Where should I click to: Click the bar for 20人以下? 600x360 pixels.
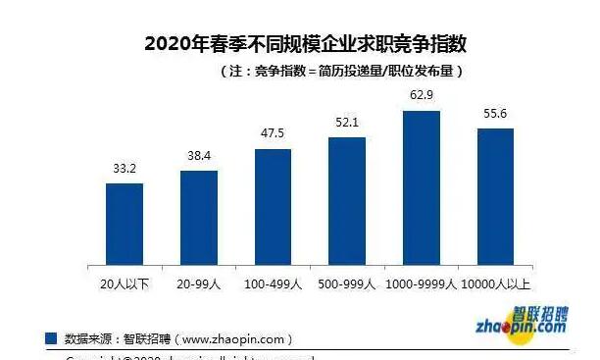pyautogui.click(x=125, y=223)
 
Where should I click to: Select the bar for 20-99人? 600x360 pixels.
pyautogui.click(x=199, y=217)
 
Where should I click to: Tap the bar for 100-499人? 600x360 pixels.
pyautogui.click(x=274, y=206)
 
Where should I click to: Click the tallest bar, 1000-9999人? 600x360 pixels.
pyautogui.click(x=422, y=186)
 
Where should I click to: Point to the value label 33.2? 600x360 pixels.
pyautogui.click(x=125, y=170)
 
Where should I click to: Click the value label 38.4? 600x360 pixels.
pyautogui.click(x=199, y=157)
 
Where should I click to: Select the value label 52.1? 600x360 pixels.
pyautogui.click(x=347, y=124)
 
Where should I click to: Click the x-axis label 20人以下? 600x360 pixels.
pyautogui.click(x=125, y=284)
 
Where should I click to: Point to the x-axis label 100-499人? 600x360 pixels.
pyautogui.click(x=274, y=284)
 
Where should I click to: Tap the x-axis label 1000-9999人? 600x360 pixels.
pyautogui.click(x=422, y=284)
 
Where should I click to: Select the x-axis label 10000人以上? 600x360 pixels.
pyautogui.click(x=495, y=284)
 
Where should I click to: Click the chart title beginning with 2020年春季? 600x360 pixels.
pyautogui.click(x=305, y=44)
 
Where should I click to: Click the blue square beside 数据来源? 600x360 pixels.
pyautogui.click(x=51, y=338)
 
